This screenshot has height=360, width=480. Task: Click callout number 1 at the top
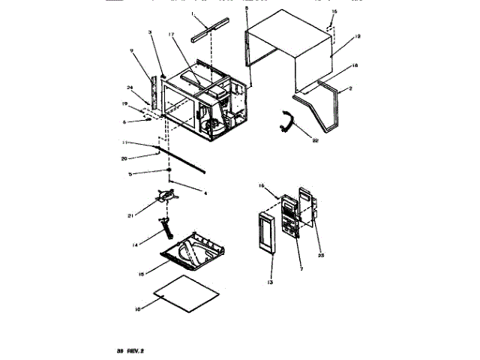[x=192, y=15]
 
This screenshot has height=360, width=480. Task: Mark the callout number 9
[x=131, y=52]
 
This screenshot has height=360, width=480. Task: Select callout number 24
[x=130, y=86]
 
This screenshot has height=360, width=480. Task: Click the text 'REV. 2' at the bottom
[x=134, y=349]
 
